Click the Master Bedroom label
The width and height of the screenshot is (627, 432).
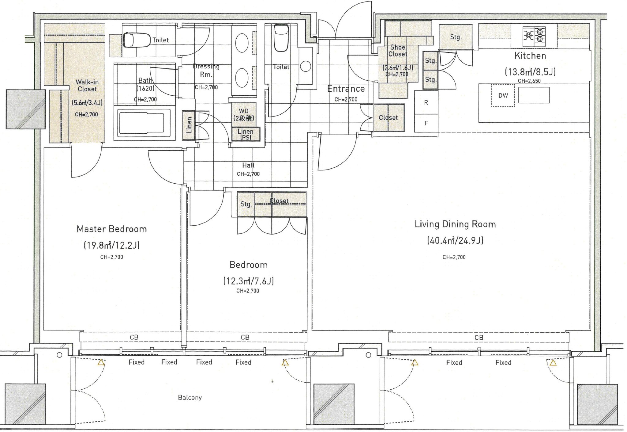(112, 229)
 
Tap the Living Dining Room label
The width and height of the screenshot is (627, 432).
(455, 224)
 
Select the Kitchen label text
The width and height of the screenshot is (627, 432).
(530, 56)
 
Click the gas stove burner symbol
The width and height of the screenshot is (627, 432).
(534, 35)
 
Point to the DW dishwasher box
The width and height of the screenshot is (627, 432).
(503, 95)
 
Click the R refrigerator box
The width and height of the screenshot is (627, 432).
(426, 103)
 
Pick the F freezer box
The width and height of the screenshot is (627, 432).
(426, 123)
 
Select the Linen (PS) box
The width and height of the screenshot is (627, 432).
(246, 134)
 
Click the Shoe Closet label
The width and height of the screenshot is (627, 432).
(398, 51)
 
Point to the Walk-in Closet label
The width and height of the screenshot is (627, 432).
(87, 86)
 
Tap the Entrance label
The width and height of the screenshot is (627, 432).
(346, 89)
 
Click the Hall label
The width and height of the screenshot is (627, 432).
(248, 165)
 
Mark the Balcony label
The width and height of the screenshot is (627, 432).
(190, 398)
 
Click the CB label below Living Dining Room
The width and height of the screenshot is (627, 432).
(479, 338)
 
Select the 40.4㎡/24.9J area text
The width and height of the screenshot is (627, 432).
(455, 240)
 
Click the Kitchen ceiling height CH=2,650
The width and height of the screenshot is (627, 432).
(529, 81)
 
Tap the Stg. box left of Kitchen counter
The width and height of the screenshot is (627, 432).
(456, 37)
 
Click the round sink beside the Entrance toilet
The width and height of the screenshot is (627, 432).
(306, 66)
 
